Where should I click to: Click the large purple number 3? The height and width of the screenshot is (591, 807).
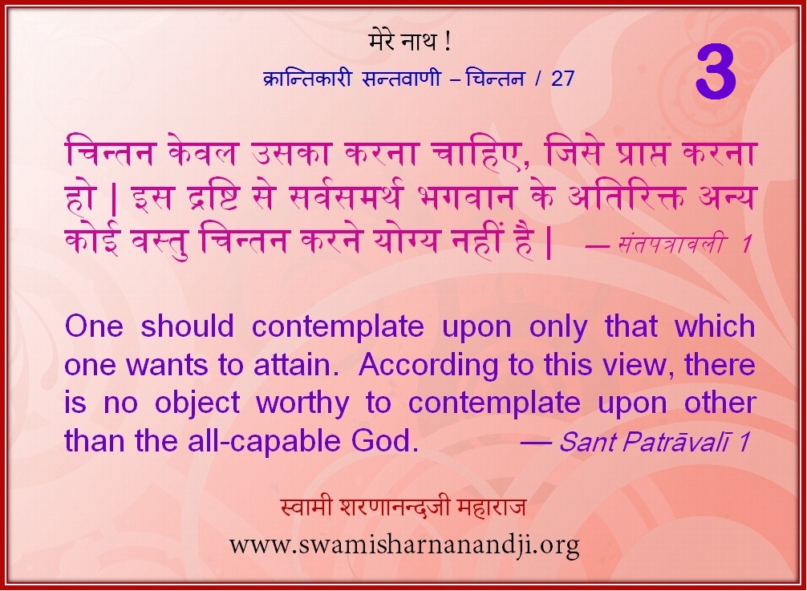(716, 73)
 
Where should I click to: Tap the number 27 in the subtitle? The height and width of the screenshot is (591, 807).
(562, 79)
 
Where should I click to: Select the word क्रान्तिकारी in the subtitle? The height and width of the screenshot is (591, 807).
(307, 78)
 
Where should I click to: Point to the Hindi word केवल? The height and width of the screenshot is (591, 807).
(203, 153)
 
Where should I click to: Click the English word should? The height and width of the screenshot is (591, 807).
(188, 326)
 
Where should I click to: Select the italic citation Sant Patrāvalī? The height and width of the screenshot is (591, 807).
(646, 442)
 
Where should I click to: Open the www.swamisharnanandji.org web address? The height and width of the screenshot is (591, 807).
(404, 544)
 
